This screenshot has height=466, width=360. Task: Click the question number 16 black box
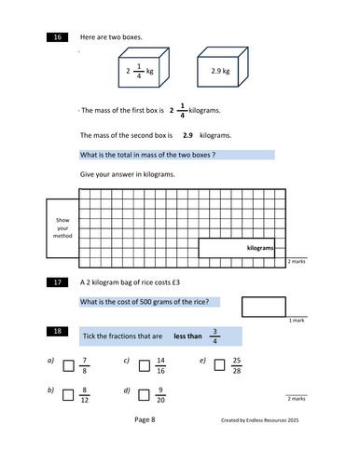click(x=56, y=36)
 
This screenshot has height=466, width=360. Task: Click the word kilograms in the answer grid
click(x=264, y=249)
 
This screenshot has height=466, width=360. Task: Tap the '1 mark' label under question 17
click(x=297, y=321)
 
